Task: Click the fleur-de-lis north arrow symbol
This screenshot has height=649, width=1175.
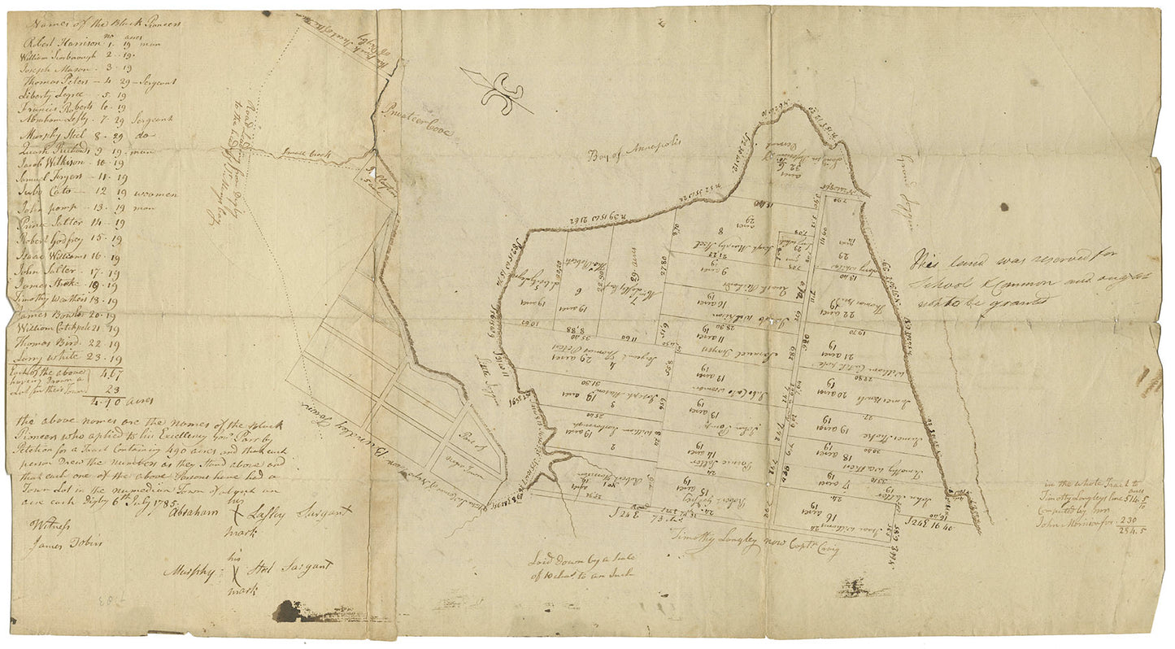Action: click(497, 91)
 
